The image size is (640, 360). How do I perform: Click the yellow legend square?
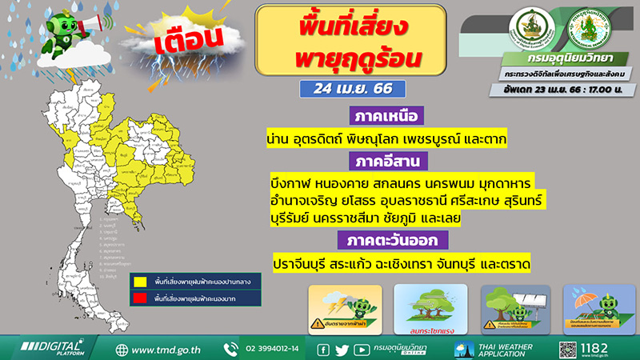pos(139,282)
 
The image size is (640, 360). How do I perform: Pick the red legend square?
pos(139,298)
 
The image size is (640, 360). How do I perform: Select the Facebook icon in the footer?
pos(323,350)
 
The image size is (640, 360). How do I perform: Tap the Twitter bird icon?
pos(342,350)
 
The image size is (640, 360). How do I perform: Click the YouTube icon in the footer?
pos(362,350)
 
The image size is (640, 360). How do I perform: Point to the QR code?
pos(569,350)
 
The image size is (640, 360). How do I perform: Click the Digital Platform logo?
pos(53,350)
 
